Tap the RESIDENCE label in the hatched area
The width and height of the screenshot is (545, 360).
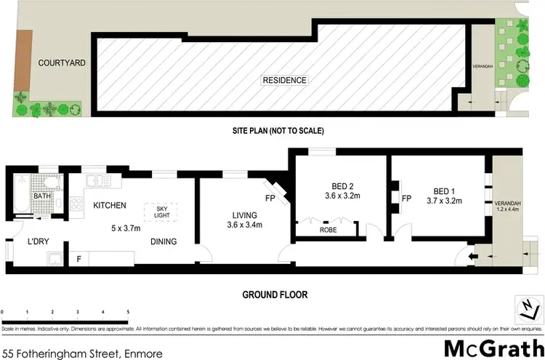pyautogui.click(x=285, y=80)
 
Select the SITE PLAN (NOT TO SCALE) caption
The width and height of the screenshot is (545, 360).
pyautogui.click(x=272, y=131)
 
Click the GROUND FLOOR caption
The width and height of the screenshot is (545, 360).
pyautogui.click(x=275, y=295)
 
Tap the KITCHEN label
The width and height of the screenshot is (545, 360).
pyautogui.click(x=110, y=206)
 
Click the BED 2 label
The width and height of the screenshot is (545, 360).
pyautogui.click(x=337, y=185)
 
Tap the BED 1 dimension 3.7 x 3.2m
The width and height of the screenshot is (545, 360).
pyautogui.click(x=445, y=200)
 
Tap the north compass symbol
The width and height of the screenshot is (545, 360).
pyautogui.click(x=526, y=308)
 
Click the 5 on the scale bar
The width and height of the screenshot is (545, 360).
pyautogui.click(x=128, y=312)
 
